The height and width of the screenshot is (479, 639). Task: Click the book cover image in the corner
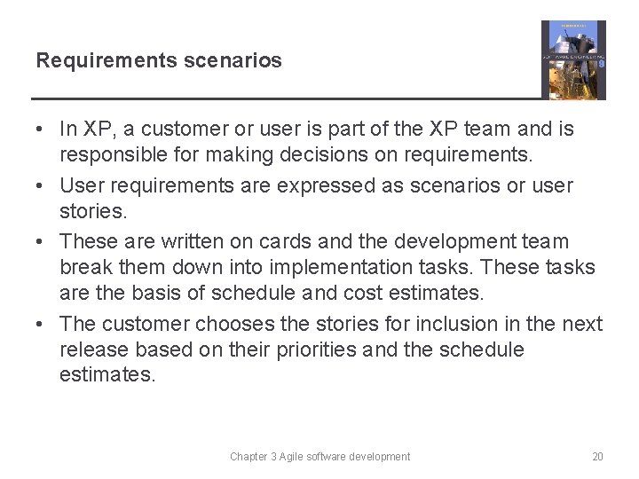[x=573, y=60]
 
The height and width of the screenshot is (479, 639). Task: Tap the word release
[x=91, y=350]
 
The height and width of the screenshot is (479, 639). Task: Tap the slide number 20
[x=597, y=457]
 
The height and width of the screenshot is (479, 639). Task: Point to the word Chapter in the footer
[x=249, y=457]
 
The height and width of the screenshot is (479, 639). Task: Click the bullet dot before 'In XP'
[x=41, y=130]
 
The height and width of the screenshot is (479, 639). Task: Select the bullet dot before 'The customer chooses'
[x=41, y=325]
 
